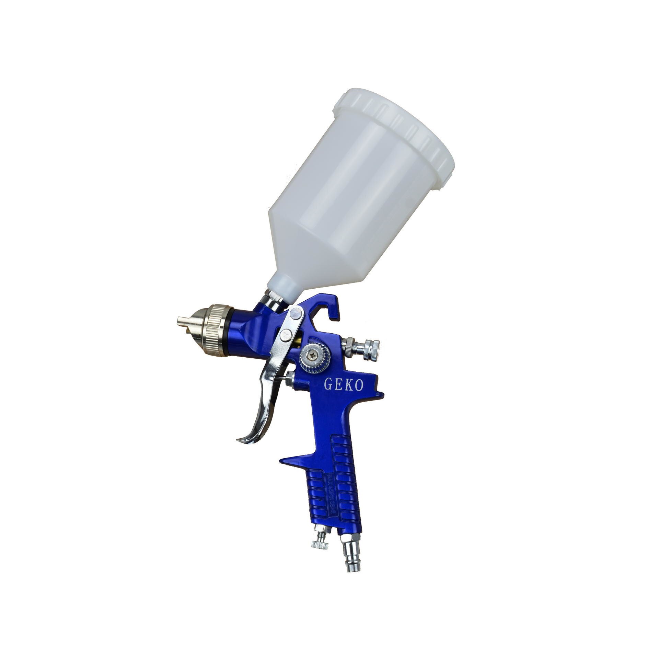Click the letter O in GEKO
pyautogui.click(x=358, y=386)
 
